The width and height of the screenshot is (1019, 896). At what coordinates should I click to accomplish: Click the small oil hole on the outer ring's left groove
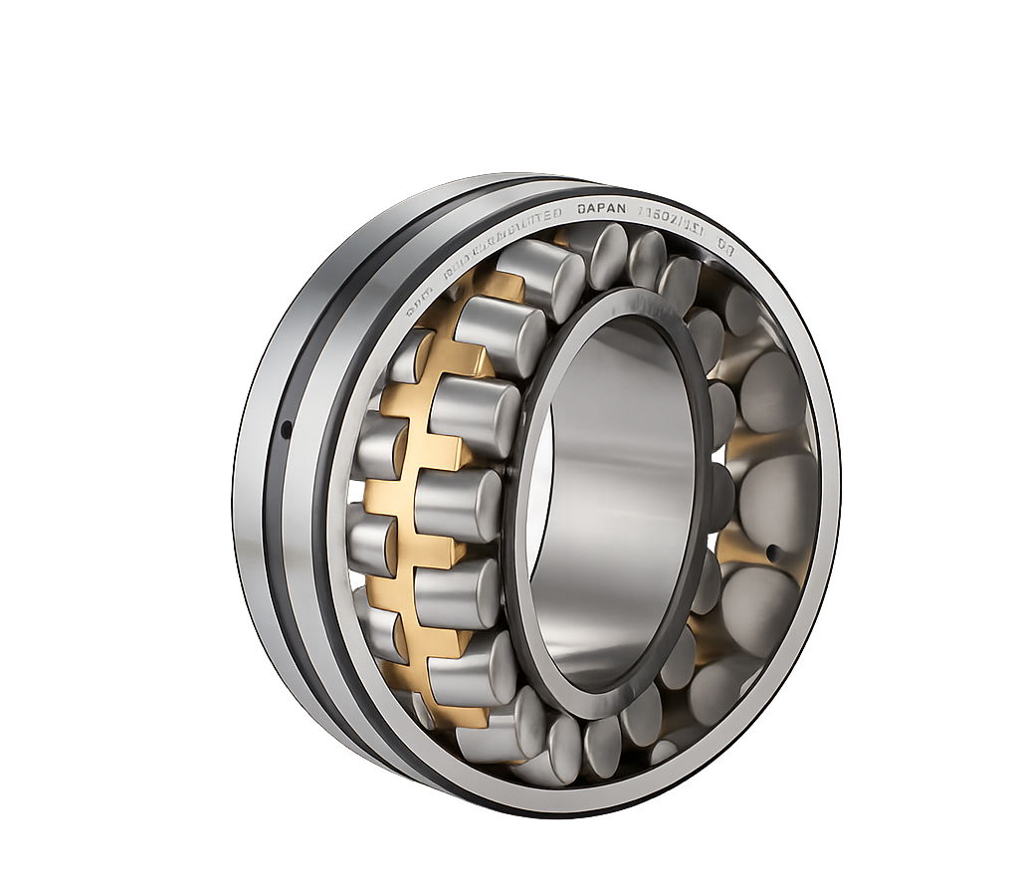(x=287, y=430)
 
